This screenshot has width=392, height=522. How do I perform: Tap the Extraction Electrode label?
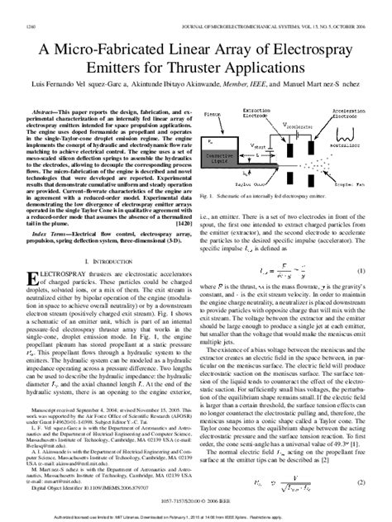[276, 112]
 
